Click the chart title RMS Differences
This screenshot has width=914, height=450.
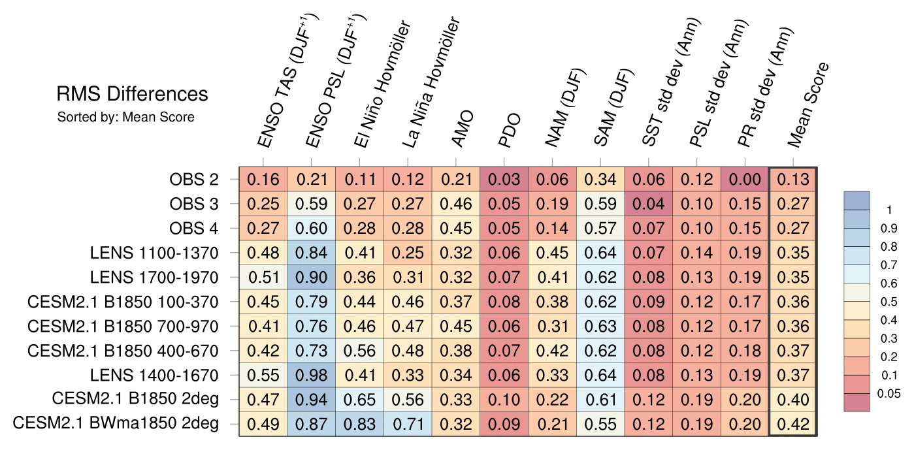pos(132,95)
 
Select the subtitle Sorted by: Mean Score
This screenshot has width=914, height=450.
pos(125,118)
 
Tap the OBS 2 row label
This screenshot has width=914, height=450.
pos(193,180)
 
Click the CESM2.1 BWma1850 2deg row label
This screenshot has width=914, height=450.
pos(116,424)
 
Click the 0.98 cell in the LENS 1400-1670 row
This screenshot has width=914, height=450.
pos(312,375)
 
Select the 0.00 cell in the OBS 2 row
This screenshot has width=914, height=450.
pos(745,180)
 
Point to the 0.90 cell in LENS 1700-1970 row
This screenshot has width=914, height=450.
pos(312,277)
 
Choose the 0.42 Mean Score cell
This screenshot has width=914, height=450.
pos(794,424)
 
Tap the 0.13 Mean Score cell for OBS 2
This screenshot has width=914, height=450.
pos(794,180)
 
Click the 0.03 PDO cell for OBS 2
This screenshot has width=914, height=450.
pos(504,180)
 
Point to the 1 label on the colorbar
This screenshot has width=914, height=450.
pos(889,210)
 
